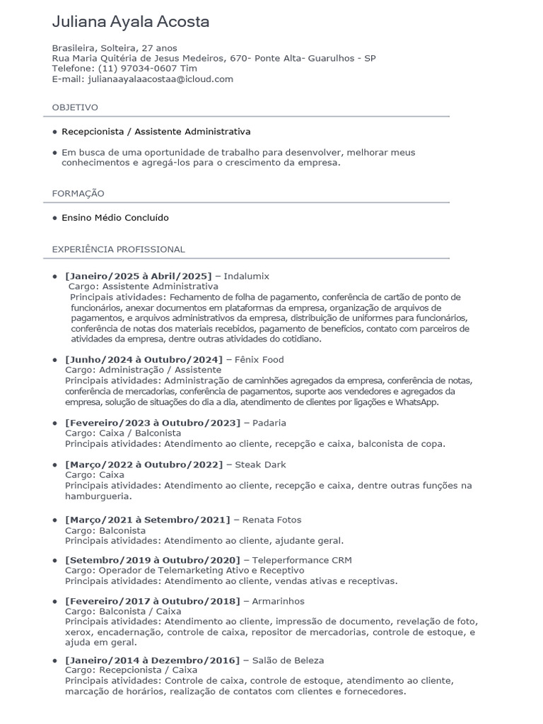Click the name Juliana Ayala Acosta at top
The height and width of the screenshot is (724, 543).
coord(131,23)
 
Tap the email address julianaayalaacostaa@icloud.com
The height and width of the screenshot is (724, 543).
coord(160,79)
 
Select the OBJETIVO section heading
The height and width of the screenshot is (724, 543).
coord(75,107)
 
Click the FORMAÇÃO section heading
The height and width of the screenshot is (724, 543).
coord(78,194)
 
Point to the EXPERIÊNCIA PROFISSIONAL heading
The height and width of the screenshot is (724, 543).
coord(119,250)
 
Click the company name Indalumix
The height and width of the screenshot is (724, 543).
coord(247,276)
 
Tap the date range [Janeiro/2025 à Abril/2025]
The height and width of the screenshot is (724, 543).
coord(138,276)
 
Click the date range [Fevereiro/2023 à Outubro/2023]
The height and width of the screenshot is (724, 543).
coord(152,423)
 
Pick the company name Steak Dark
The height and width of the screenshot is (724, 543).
coord(262,465)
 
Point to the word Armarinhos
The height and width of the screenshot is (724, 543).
coord(278,601)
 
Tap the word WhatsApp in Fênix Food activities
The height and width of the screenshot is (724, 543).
coord(417,402)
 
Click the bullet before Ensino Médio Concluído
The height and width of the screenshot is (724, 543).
coord(55,218)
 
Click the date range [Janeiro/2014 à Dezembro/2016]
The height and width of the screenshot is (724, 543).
coord(152,660)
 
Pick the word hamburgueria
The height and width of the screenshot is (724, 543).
coord(98,496)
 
